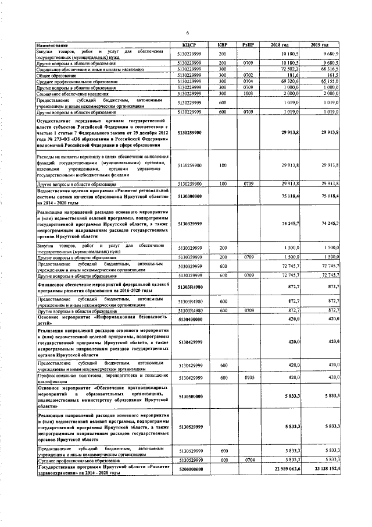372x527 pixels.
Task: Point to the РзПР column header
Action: coord(248,45)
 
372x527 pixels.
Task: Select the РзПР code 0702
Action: coord(248,75)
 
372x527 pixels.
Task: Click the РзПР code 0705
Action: coord(248,377)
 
